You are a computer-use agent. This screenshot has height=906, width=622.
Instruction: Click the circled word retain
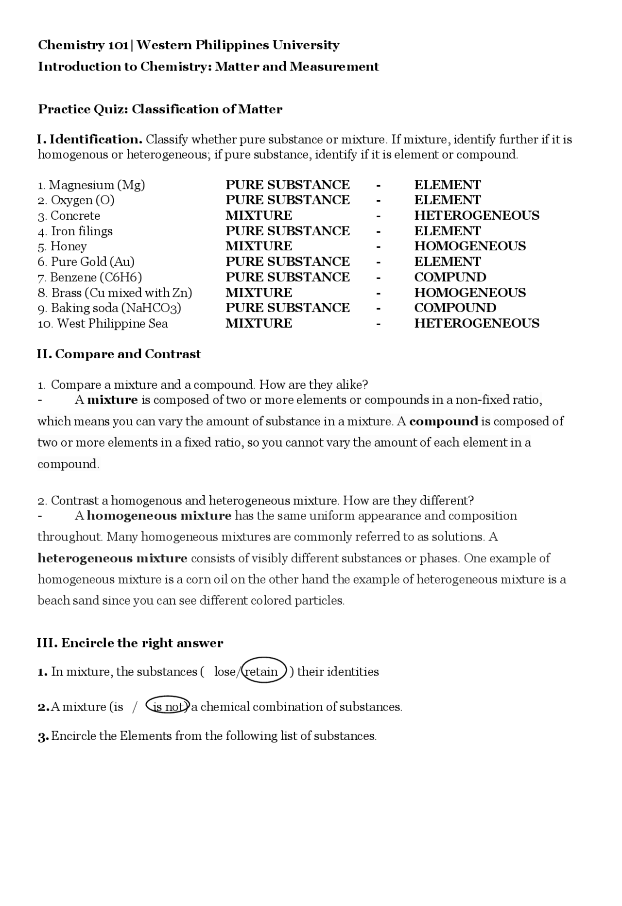263,672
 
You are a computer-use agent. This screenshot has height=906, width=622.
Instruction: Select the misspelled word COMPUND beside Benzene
450,278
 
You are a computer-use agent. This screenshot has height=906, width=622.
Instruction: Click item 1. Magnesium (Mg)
91,185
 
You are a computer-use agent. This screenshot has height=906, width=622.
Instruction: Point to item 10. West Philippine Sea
103,324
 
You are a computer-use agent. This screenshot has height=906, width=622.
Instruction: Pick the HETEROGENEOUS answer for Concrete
477,216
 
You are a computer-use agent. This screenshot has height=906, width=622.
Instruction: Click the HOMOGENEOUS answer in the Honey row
470,246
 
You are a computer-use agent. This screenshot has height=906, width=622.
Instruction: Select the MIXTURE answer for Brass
259,293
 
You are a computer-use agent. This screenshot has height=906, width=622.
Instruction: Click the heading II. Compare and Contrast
119,354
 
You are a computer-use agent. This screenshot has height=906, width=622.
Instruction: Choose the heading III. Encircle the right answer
130,643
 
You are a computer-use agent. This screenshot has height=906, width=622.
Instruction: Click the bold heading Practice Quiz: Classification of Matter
160,109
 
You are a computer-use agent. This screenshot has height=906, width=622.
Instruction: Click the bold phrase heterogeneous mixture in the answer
113,558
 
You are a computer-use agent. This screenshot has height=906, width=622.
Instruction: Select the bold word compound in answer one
444,421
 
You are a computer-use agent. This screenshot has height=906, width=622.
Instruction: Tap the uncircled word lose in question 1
225,672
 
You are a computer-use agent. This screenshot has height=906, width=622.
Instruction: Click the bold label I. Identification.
90,140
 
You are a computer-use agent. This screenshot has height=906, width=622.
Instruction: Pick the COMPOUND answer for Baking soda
455,308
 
